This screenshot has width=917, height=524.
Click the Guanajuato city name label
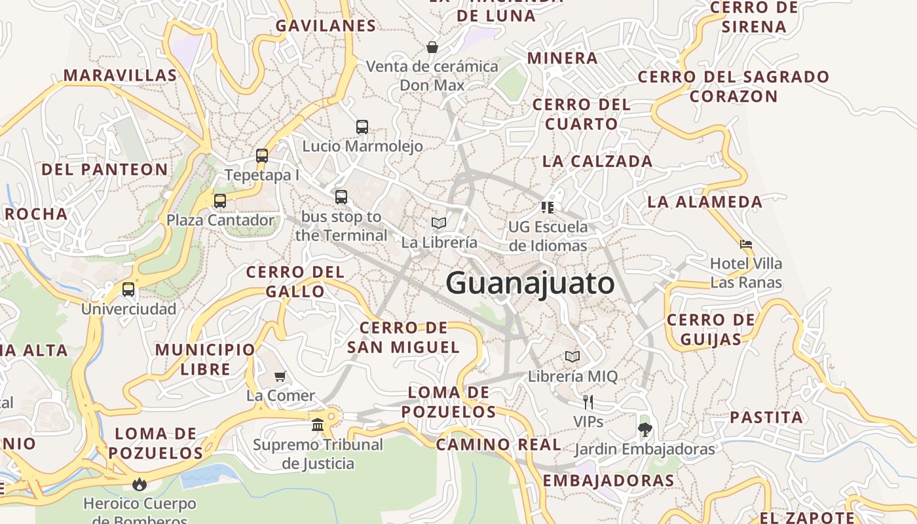click(x=530, y=284)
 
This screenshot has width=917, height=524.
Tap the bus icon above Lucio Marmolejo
click(x=362, y=127)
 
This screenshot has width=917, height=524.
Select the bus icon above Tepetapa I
click(x=262, y=156)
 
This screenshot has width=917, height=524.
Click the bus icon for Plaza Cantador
click(x=220, y=201)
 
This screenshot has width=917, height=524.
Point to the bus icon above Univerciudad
click(x=128, y=290)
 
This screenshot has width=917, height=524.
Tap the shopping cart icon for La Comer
click(x=280, y=376)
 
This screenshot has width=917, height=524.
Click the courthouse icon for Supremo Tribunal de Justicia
click(x=318, y=425)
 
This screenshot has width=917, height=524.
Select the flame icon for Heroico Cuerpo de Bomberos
click(x=139, y=484)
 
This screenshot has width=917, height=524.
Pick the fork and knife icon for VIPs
click(x=588, y=402)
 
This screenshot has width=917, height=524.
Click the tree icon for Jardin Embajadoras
click(x=645, y=430)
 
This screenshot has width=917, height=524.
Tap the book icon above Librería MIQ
click(x=572, y=357)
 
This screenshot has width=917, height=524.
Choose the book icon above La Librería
click(x=439, y=223)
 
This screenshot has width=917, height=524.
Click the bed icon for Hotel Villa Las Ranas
click(x=746, y=244)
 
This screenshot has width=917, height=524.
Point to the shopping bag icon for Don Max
click(x=432, y=47)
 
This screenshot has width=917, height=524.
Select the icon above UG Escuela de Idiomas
click(x=548, y=208)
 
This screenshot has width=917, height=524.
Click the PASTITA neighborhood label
click(x=766, y=417)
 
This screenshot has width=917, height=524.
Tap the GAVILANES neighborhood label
click(x=326, y=26)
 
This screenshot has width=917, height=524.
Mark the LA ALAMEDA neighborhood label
click(x=705, y=202)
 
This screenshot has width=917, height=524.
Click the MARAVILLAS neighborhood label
click(x=120, y=75)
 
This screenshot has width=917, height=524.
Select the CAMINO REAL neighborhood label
click(x=498, y=445)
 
